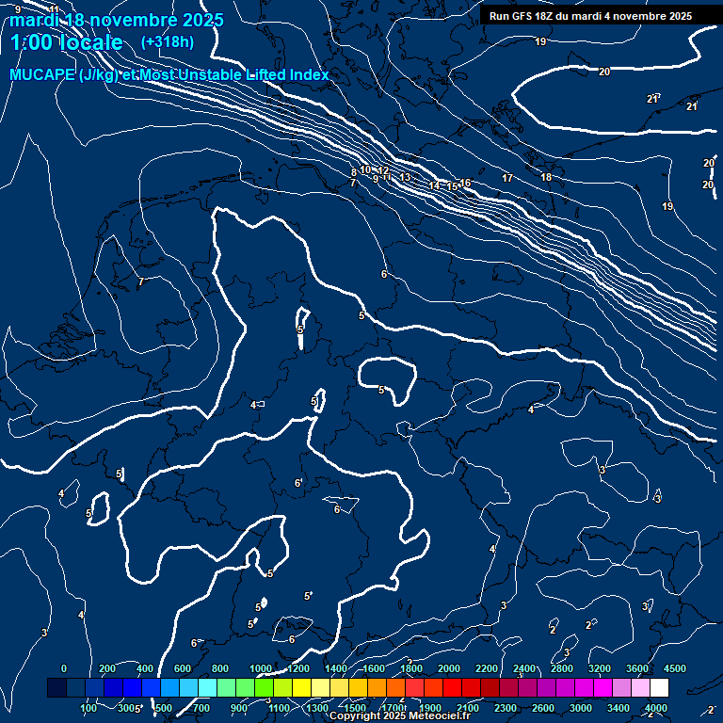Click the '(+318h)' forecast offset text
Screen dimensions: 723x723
[167, 41]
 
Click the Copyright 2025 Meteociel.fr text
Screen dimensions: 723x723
[399, 716]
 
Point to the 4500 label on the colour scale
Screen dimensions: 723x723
[675, 668]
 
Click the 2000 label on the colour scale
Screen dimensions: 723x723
[449, 668]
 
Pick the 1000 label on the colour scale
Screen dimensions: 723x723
[261, 668]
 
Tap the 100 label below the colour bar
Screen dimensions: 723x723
[90, 708]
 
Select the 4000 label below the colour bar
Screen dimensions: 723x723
[656, 708]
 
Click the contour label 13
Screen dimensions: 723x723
[405, 177]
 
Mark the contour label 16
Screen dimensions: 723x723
[465, 183]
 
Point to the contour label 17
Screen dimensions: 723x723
[507, 178]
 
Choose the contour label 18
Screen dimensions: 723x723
[546, 177]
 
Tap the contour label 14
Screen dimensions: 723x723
[434, 185]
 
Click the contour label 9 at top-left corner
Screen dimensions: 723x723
[18, 9]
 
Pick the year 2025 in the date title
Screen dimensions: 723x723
[202, 20]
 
